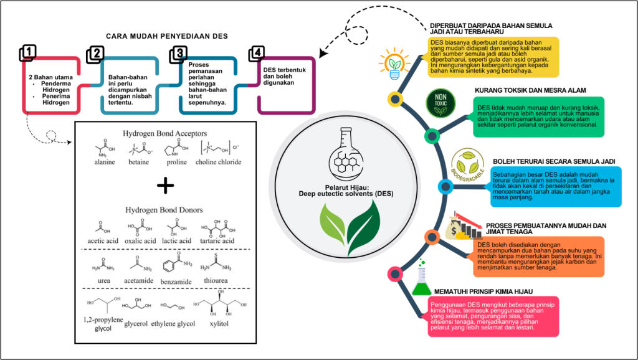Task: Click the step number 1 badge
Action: click(x=27, y=53)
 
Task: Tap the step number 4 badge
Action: click(x=257, y=53)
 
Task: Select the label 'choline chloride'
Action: click(x=218, y=162)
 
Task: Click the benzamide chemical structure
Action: click(x=177, y=263)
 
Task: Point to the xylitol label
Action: click(x=219, y=324)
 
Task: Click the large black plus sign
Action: click(x=165, y=186)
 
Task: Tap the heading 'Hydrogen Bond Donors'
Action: click(x=164, y=210)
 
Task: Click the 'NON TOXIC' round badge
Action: click(x=440, y=103)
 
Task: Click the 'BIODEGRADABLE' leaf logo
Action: click(x=468, y=165)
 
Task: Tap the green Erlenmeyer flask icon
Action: click(x=421, y=278)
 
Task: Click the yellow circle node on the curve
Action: click(x=394, y=99)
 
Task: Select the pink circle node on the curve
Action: click(x=394, y=274)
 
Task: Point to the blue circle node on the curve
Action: click(x=445, y=187)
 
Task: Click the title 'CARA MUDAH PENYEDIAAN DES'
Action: click(x=167, y=36)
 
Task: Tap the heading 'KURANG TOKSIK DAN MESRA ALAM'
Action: click(x=530, y=90)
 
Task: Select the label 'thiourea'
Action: click(x=216, y=280)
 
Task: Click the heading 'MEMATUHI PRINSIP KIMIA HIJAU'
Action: click(x=483, y=291)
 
